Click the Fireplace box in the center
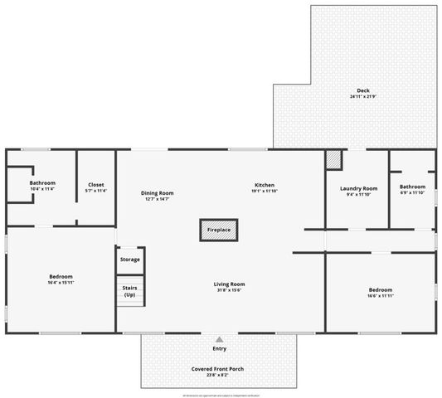point(219,230)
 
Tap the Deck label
point(362,90)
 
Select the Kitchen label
point(264,185)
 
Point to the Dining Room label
point(157,192)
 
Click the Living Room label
point(229,284)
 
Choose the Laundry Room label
point(358,188)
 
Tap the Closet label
point(95,185)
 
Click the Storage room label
point(129,260)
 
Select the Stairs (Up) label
point(129,292)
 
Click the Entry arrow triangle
point(219,339)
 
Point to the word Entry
point(219,349)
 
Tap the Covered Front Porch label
point(219,367)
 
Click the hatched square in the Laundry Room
point(333,158)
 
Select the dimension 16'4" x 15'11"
point(61,283)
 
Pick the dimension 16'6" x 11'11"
point(380,296)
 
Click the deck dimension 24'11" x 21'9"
point(362,97)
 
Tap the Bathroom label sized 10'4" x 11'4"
point(42,182)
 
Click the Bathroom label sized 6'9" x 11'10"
point(412,187)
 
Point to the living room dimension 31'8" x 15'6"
point(229,289)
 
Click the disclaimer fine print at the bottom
point(220,395)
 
